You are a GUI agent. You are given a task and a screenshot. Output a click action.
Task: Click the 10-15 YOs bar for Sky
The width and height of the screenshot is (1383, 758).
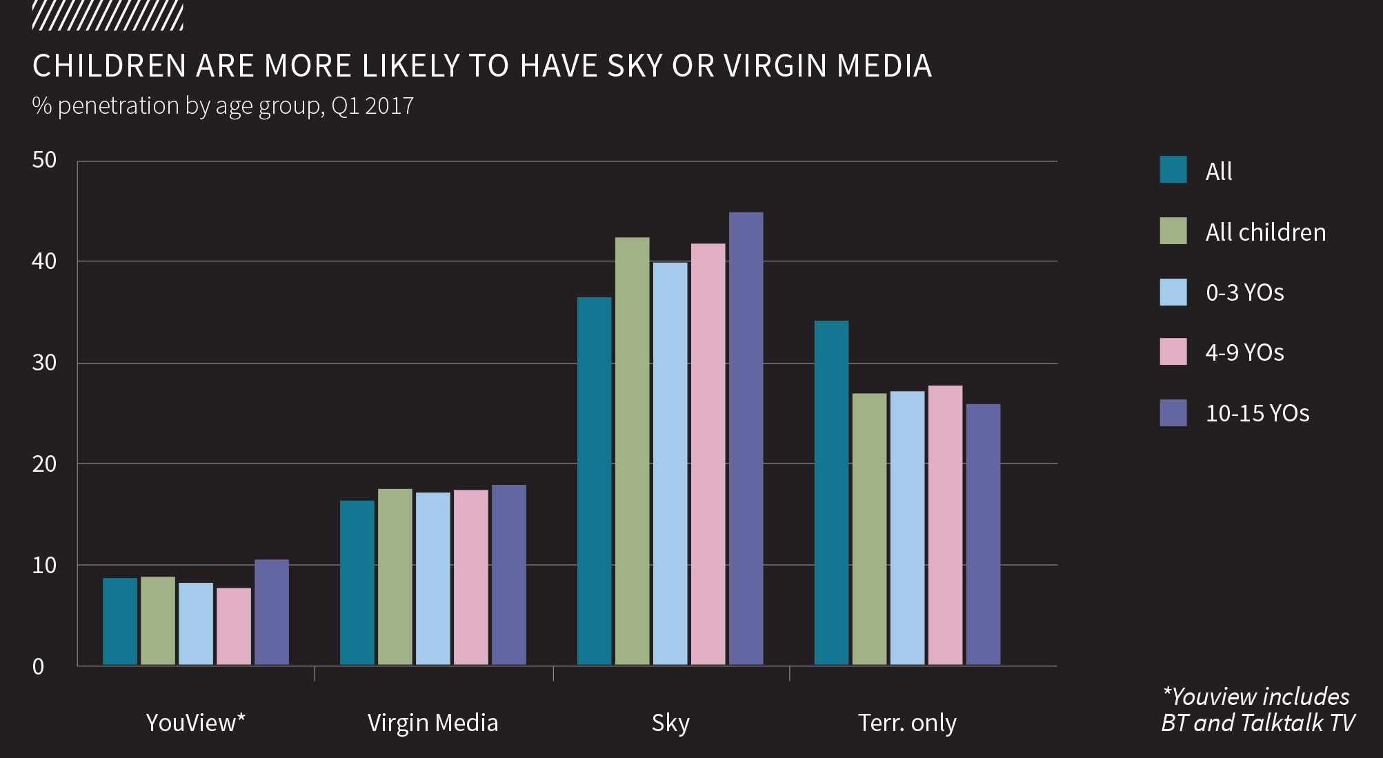pyautogui.click(x=746, y=439)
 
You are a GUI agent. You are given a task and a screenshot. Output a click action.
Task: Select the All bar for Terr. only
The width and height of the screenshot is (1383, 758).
pyautogui.click(x=831, y=492)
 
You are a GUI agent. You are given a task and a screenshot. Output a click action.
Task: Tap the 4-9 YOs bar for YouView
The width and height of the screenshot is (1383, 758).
pyautogui.click(x=234, y=626)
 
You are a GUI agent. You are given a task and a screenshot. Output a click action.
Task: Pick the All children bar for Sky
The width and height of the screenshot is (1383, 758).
pyautogui.click(x=632, y=451)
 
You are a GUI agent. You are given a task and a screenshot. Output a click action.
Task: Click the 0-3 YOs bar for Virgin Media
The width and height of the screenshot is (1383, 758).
pyautogui.click(x=432, y=579)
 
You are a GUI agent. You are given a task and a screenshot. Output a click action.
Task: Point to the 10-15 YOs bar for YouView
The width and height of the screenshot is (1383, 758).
pyautogui.click(x=272, y=612)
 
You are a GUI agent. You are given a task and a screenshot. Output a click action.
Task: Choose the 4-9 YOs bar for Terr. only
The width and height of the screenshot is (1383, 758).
pyautogui.click(x=945, y=525)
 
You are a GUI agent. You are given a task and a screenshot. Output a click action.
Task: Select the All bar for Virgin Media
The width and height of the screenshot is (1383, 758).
pyautogui.click(x=357, y=583)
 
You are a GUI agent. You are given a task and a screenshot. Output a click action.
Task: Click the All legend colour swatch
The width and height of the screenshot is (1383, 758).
pyautogui.click(x=1173, y=170)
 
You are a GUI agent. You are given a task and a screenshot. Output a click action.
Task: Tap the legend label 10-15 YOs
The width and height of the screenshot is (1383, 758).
pyautogui.click(x=1257, y=413)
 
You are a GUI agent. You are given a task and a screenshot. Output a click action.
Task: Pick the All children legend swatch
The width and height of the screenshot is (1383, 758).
pyautogui.click(x=1173, y=231)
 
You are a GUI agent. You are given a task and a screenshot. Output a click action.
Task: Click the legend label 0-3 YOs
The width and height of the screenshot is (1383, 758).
pyautogui.click(x=1244, y=292)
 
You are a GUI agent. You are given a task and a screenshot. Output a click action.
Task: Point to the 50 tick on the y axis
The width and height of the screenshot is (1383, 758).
pyautogui.click(x=44, y=160)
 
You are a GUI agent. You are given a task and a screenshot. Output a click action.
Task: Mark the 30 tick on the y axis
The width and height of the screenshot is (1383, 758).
pyautogui.click(x=44, y=363)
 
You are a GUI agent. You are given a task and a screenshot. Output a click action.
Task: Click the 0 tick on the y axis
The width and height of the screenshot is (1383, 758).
pyautogui.click(x=39, y=666)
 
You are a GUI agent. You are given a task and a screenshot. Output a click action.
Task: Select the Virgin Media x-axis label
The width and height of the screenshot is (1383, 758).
pyautogui.click(x=432, y=723)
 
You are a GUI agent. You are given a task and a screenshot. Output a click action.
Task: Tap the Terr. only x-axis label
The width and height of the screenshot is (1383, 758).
pyautogui.click(x=907, y=723)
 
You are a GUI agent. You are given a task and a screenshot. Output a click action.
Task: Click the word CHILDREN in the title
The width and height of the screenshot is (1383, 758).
pyautogui.click(x=110, y=66)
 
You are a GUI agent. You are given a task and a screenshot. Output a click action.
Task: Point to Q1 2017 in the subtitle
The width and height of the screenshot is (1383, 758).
pyautogui.click(x=372, y=106)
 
